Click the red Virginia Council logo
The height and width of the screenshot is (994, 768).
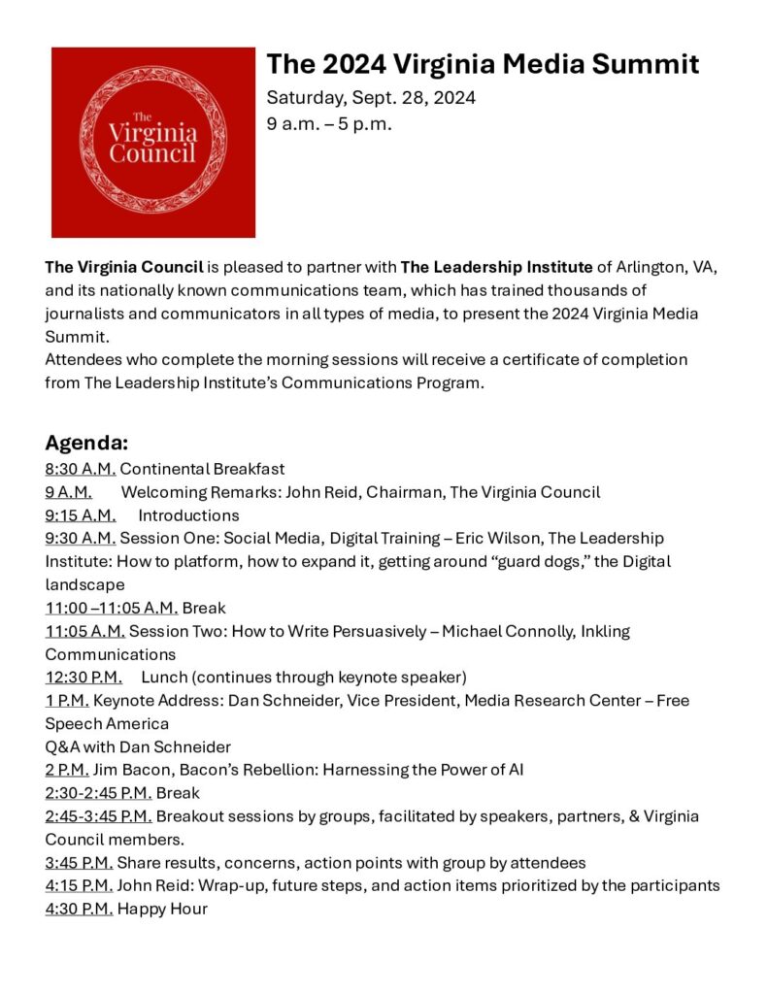pyautogui.click(x=152, y=142)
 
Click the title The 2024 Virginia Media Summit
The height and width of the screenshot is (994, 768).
pyautogui.click(x=483, y=64)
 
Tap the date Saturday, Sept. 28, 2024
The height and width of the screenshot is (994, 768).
pyautogui.click(x=371, y=98)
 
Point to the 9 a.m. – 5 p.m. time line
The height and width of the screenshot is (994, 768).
pyautogui.click(x=329, y=124)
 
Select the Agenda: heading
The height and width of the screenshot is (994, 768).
pyautogui.click(x=86, y=444)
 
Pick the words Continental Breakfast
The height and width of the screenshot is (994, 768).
pyautogui.click(x=202, y=469)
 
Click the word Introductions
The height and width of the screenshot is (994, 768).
pyautogui.click(x=188, y=514)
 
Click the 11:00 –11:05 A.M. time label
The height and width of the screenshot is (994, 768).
pyautogui.click(x=111, y=608)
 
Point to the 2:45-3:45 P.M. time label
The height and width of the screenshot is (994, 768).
pyautogui.click(x=98, y=816)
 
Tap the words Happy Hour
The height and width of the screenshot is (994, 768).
pyautogui.click(x=162, y=909)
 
